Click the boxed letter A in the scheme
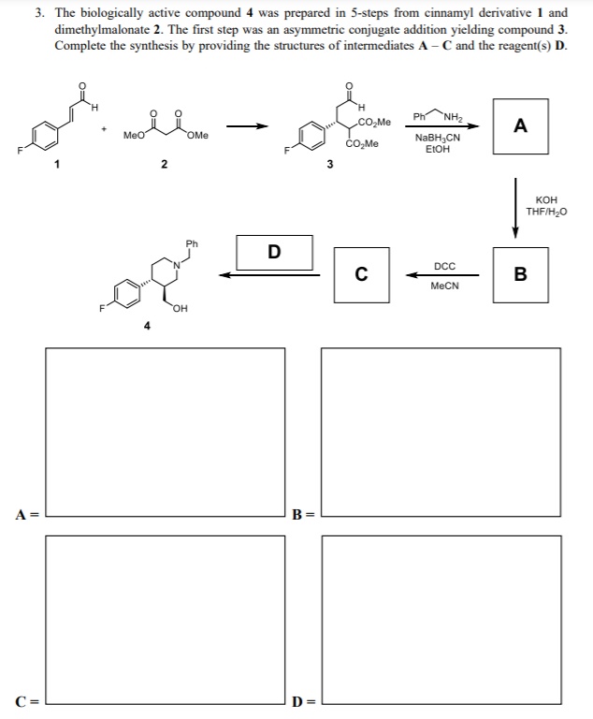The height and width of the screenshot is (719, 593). click(520, 125)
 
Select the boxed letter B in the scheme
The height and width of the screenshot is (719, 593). click(520, 274)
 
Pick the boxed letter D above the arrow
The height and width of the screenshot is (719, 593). click(273, 250)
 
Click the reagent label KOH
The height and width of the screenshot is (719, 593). click(547, 200)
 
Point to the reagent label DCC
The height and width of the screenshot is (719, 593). click(444, 266)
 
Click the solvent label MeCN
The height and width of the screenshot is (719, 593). click(444, 286)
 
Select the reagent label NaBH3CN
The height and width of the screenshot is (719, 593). click(436, 138)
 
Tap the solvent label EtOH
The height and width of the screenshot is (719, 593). click(436, 149)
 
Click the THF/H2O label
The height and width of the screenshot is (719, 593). click(547, 212)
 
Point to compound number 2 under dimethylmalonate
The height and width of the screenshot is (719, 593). click(163, 166)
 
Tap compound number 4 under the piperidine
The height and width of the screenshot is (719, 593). click(146, 326)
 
